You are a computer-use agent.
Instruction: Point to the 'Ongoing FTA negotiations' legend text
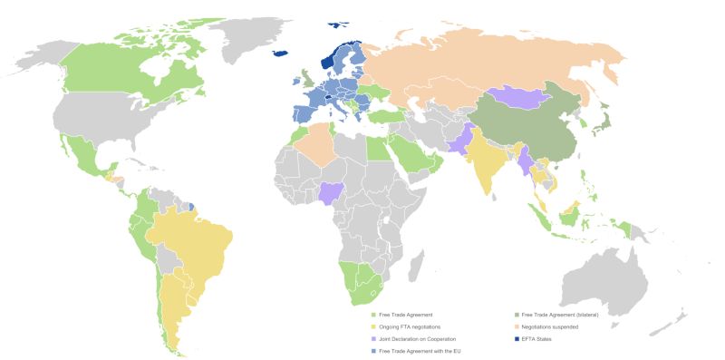pyautogui.click(x=413, y=326)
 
